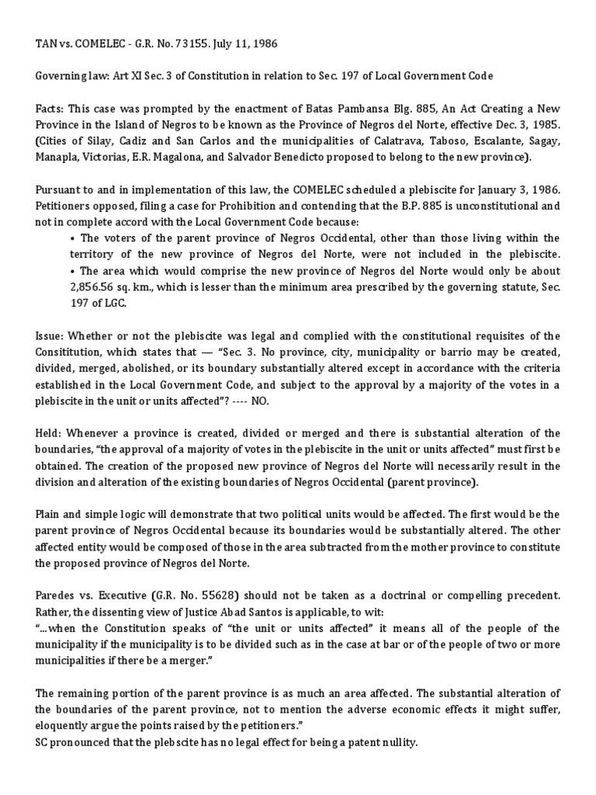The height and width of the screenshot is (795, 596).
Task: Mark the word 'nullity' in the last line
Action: click(x=397, y=741)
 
